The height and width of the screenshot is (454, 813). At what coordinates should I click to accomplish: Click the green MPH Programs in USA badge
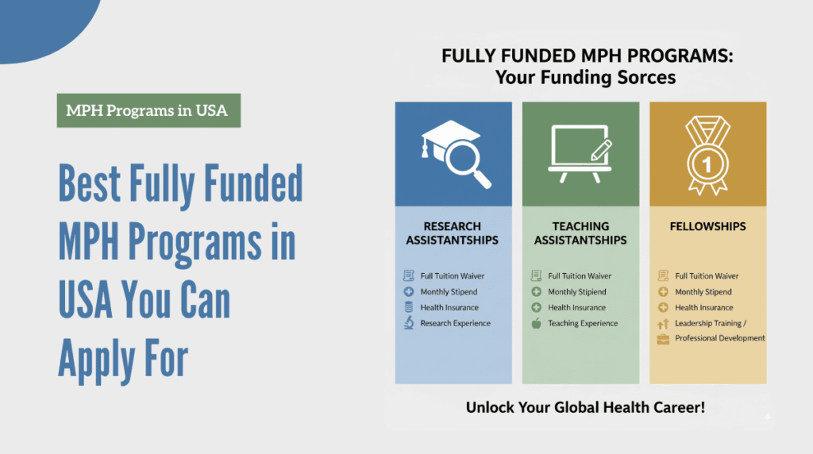[148, 110]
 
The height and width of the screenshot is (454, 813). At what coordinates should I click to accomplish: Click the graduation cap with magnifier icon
[456, 154]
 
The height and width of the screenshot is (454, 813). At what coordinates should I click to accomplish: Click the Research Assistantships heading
[453, 233]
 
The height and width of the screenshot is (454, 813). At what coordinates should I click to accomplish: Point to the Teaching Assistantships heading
[580, 233]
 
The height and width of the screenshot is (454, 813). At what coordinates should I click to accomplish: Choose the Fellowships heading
[707, 226]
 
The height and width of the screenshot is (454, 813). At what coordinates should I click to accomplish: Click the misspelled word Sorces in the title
[640, 78]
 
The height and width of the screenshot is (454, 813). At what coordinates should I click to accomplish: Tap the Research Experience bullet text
[456, 323]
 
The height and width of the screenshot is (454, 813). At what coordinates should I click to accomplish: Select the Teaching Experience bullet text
[583, 323]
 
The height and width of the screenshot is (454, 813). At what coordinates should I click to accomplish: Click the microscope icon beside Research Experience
[409, 323]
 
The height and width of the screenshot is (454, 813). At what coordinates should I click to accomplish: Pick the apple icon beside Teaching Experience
[537, 323]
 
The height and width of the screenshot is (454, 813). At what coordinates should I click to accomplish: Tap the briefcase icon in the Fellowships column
[663, 339]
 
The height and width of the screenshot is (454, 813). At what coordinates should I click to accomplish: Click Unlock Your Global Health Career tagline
[585, 408]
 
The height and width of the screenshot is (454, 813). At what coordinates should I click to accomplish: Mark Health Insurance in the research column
[449, 307]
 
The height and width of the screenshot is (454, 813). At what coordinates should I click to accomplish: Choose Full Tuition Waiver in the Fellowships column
[707, 276]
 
